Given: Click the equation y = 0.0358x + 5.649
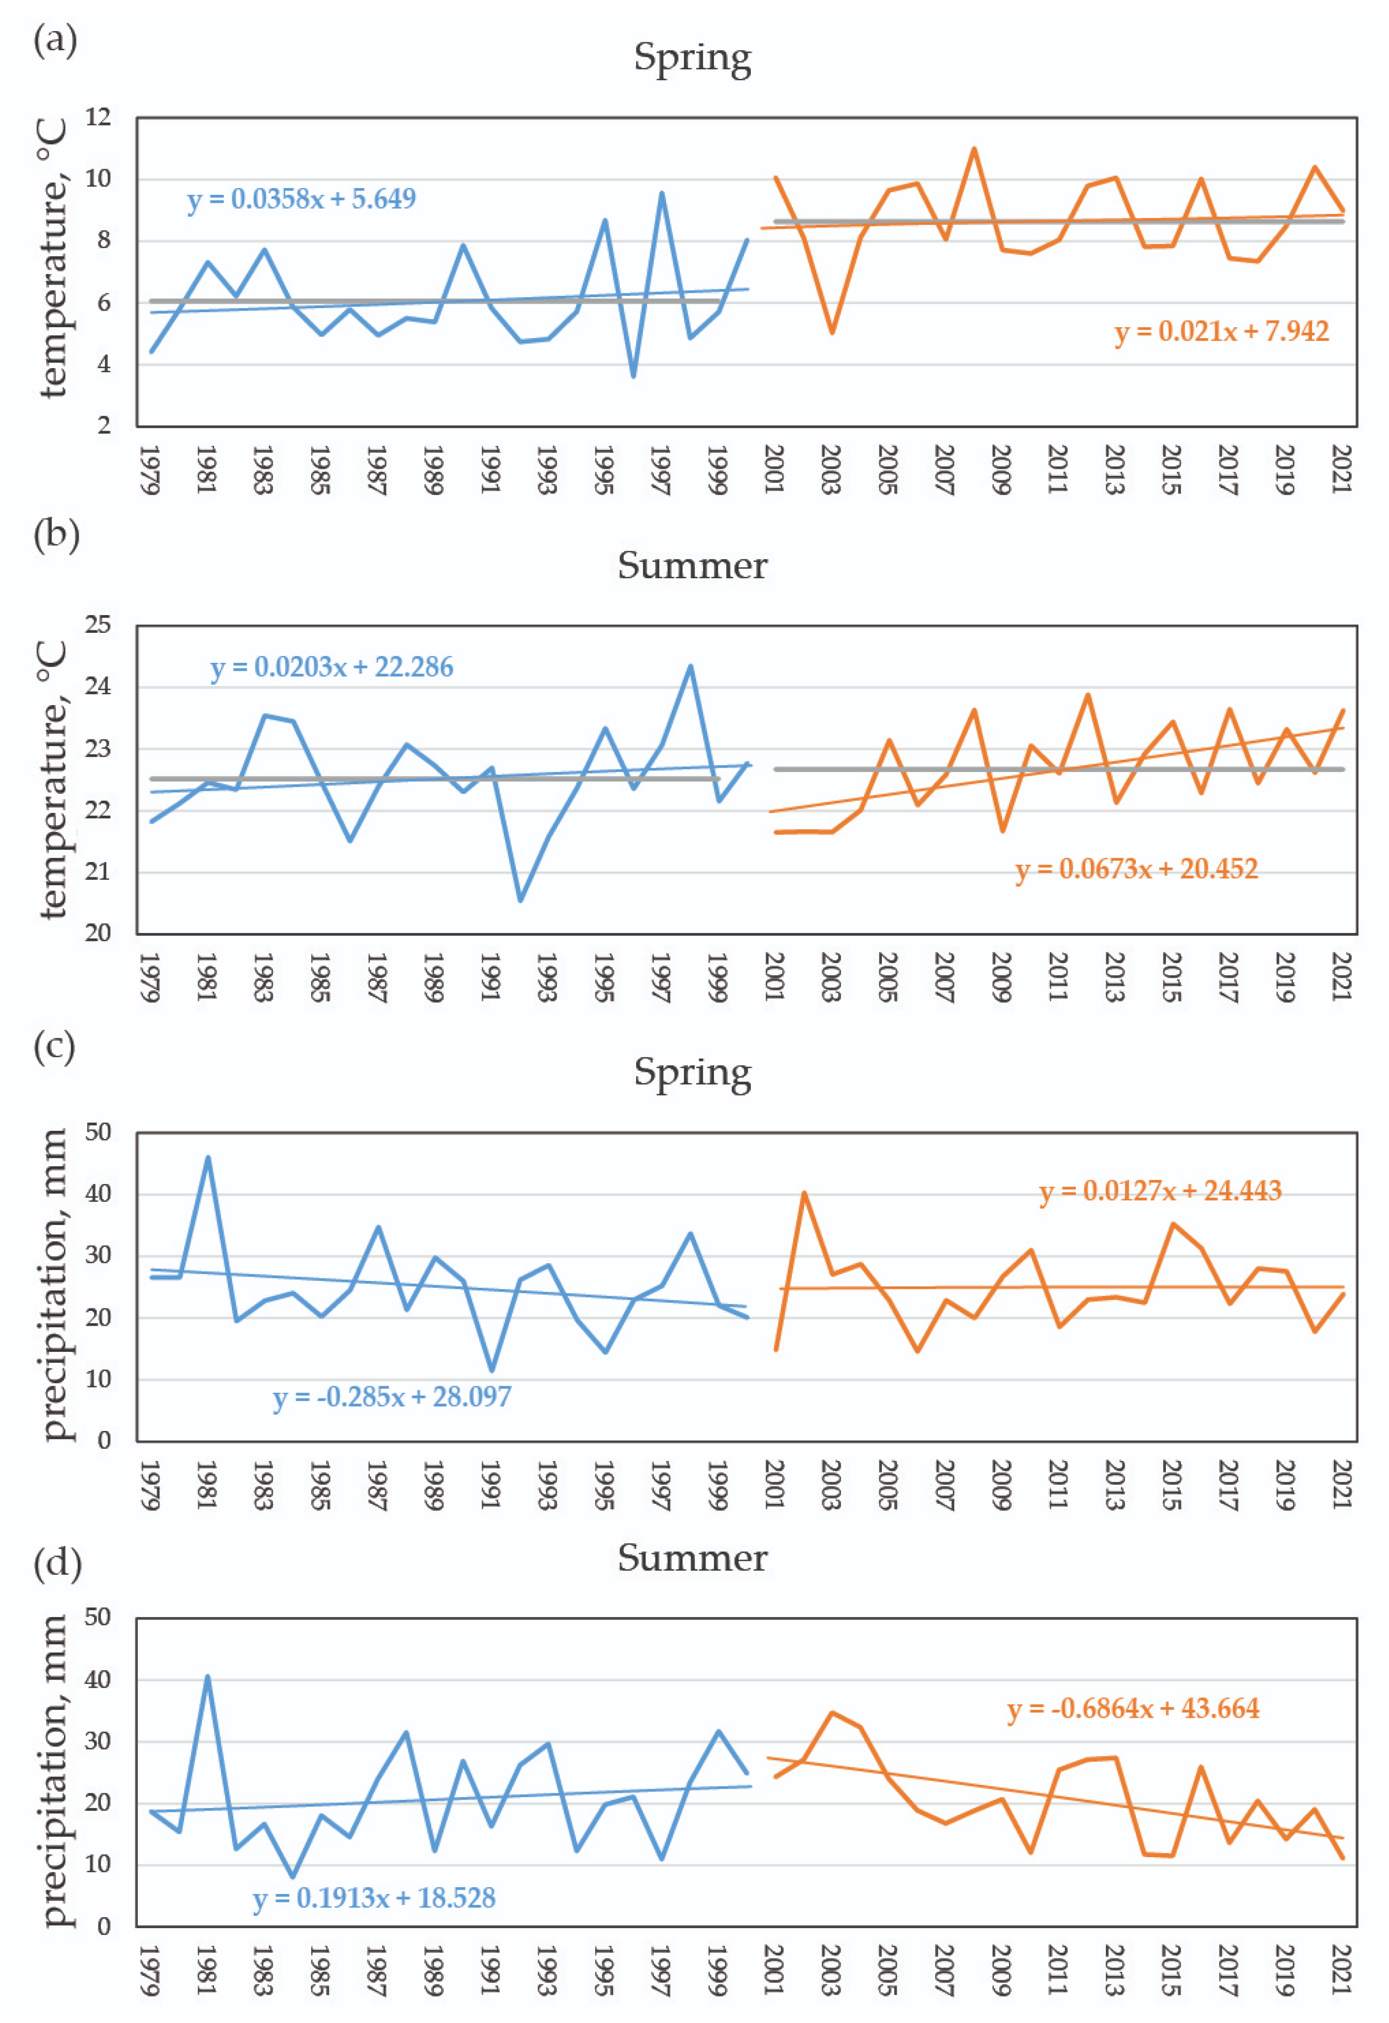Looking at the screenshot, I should tap(301, 199).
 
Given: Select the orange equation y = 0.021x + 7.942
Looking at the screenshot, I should tap(1221, 332).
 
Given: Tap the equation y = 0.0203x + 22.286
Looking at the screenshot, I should tap(332, 668).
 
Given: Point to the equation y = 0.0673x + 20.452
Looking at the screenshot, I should tap(1136, 869).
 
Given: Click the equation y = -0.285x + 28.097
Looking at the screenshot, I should tap(392, 1397).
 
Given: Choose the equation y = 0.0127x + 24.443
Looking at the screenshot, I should tap(1160, 1191).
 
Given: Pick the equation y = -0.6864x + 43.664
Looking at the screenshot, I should tap(1133, 1708).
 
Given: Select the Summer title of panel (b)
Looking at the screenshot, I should tap(692, 566).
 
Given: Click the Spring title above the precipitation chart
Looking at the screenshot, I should tap(692, 1072).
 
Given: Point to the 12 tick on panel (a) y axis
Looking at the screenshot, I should tap(98, 117).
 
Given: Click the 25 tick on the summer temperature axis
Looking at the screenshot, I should tap(98, 625).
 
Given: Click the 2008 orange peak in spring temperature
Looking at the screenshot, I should tap(973, 149).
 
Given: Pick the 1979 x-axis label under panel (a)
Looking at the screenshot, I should tap(150, 470).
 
